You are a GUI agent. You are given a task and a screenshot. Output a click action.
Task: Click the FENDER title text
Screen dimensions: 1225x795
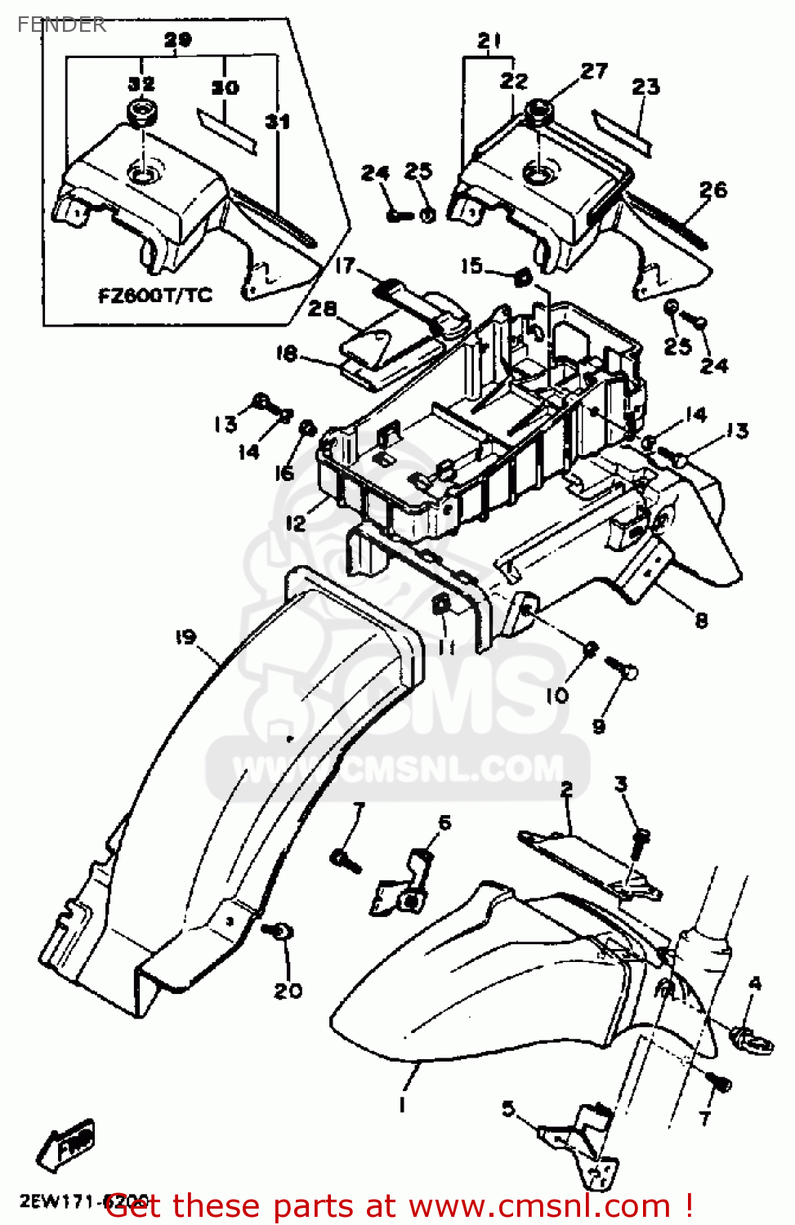pyautogui.click(x=61, y=24)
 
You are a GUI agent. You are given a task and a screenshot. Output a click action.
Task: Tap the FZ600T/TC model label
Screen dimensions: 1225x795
pyautogui.click(x=154, y=295)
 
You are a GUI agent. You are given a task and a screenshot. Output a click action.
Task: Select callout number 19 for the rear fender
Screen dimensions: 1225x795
pyautogui.click(x=185, y=637)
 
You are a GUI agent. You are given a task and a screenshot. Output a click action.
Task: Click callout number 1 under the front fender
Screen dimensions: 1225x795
pyautogui.click(x=402, y=1105)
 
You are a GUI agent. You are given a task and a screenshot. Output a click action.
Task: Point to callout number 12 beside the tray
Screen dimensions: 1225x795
pyautogui.click(x=296, y=523)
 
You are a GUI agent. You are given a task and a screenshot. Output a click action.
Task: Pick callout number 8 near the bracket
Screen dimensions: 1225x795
pyautogui.click(x=701, y=621)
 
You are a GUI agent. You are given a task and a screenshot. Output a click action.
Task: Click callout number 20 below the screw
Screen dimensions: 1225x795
pyautogui.click(x=288, y=991)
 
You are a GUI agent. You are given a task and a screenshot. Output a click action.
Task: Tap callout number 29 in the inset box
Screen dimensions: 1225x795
pyautogui.click(x=177, y=39)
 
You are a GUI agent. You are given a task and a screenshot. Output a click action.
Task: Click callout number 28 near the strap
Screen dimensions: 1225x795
pyautogui.click(x=322, y=309)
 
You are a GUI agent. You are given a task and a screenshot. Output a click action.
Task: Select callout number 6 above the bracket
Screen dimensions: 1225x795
pyautogui.click(x=444, y=822)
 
